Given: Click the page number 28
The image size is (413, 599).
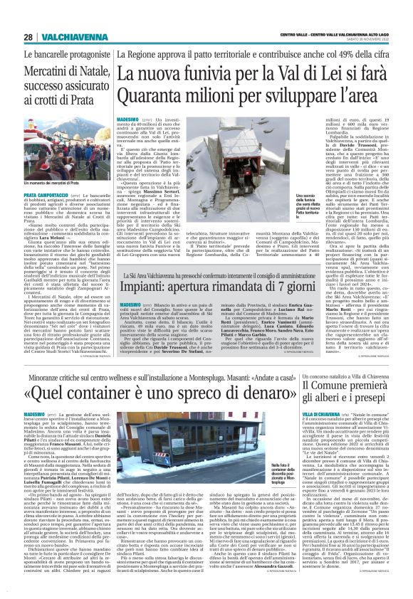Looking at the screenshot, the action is click(28, 38).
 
